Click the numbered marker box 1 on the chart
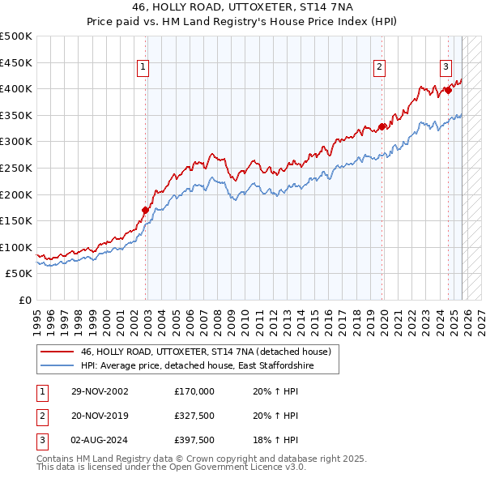pos(143,68)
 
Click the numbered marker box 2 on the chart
pos(379,68)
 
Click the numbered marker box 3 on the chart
pos(446,68)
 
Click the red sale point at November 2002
pos(146,210)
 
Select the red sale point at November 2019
pos(382,126)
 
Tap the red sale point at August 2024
pos(448,90)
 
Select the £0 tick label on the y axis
pos(23,300)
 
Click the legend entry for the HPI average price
pos(197,367)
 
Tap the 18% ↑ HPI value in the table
pos(276,440)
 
